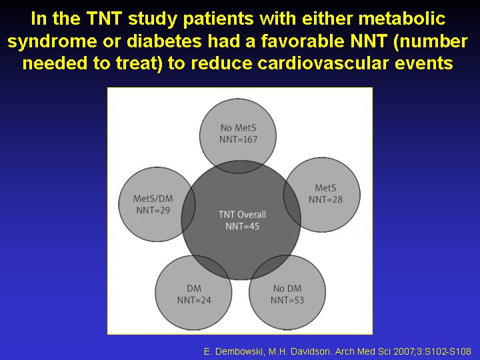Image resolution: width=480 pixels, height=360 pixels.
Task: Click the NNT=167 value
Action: click(x=239, y=139)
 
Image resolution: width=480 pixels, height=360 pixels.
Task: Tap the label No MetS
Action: click(x=239, y=127)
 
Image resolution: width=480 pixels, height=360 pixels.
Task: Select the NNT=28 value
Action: click(x=325, y=199)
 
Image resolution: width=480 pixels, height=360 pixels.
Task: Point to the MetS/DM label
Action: click(x=153, y=199)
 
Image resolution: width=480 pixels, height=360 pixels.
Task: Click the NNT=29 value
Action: click(x=153, y=210)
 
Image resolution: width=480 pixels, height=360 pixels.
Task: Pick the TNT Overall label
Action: click(x=243, y=215)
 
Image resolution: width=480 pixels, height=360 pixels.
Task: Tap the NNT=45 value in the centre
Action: click(x=243, y=226)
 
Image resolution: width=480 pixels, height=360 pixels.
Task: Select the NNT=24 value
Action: click(x=194, y=300)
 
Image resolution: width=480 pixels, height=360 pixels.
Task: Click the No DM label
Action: click(x=287, y=289)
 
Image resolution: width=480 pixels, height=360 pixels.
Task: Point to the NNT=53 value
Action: click(x=287, y=300)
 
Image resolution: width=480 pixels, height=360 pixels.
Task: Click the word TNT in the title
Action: click(x=105, y=19)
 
